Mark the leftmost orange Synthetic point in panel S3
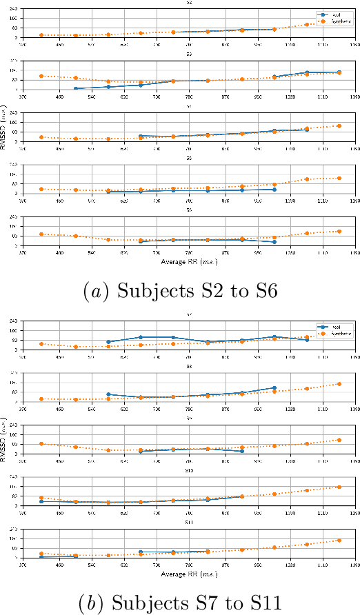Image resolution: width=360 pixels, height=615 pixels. (x=41, y=76)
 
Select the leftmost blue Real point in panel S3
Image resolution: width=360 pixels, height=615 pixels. (x=74, y=89)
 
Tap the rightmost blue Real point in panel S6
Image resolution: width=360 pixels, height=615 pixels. (x=274, y=242)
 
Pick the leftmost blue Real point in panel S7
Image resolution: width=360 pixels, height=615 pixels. (x=108, y=342)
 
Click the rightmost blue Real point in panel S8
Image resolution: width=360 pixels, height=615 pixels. (x=274, y=388)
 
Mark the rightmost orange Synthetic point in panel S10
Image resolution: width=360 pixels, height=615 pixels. (x=339, y=487)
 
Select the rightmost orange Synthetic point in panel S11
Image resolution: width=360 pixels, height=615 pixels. (x=339, y=541)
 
